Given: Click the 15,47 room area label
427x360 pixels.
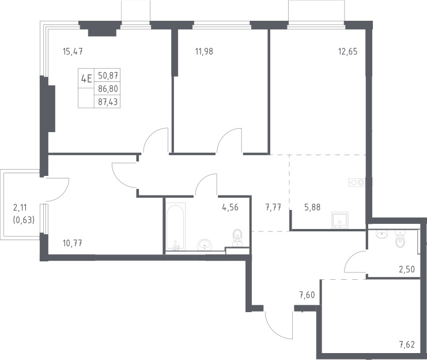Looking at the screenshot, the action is tap(73, 51).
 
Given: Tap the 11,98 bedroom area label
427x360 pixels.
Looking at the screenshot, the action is tap(204, 51).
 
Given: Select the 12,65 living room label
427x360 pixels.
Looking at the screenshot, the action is tap(347, 51).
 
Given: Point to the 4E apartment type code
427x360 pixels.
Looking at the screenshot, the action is tap(86, 79).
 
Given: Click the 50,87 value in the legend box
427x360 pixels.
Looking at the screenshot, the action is tap(108, 76).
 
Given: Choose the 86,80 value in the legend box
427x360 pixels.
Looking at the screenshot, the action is tap(108, 89).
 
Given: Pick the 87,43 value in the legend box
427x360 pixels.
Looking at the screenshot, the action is tap(108, 102).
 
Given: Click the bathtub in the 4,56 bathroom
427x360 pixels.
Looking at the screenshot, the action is tap(176, 227).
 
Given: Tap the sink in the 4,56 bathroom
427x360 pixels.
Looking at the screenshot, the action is tap(205, 245).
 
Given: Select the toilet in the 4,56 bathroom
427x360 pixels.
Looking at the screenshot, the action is tap(237, 238).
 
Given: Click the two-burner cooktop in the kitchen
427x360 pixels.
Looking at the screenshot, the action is tap(357, 182).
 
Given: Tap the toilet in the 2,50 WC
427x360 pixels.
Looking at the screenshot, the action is tap(400, 239).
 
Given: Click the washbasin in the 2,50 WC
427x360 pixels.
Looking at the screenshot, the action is tap(383, 234).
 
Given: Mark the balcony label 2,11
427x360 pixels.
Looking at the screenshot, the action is tap(20, 208).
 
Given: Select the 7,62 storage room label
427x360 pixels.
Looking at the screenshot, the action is tap(407, 344).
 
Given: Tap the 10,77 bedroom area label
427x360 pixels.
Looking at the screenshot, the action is tap(73, 243).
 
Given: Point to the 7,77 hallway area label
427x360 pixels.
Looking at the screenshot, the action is tap(273, 207).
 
